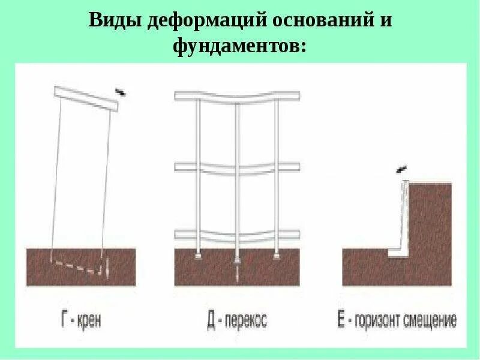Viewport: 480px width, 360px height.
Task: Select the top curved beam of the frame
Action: tap(237, 97)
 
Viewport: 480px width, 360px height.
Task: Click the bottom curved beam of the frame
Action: tap(237, 236)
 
